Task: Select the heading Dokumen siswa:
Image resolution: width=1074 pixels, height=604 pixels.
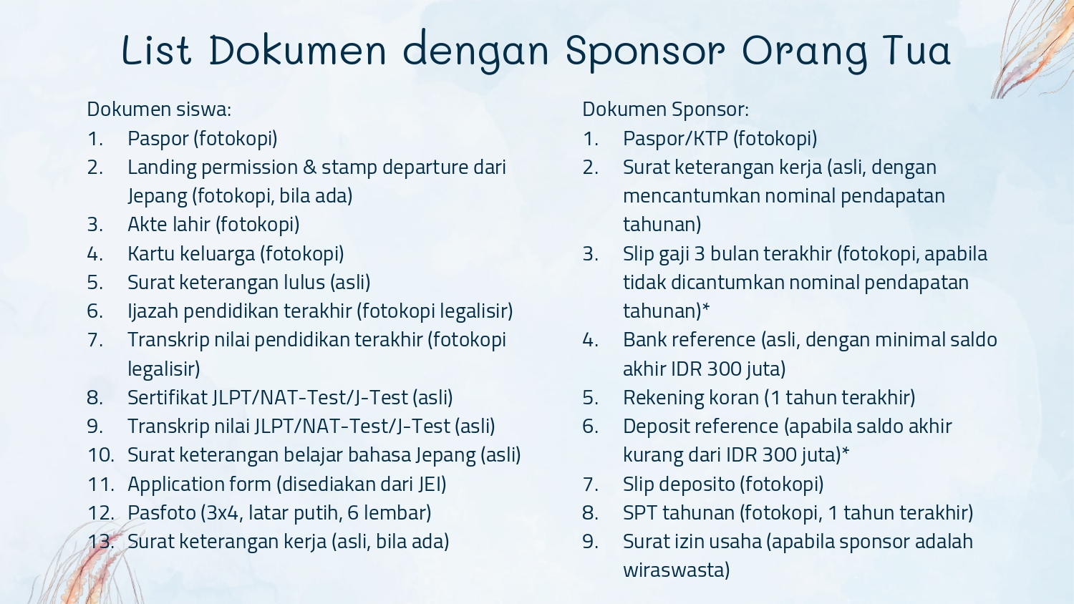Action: coord(159,109)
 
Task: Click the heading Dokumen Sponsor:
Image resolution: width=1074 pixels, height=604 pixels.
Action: coord(665,109)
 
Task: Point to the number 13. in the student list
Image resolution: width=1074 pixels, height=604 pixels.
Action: coord(101,542)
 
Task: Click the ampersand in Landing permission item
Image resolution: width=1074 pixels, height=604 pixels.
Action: coord(310,167)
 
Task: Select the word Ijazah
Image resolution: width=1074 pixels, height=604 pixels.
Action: coord(153,311)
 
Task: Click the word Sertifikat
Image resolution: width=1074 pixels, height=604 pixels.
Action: coord(168,397)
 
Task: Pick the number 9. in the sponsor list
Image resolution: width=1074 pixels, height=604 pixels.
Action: coord(590,542)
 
